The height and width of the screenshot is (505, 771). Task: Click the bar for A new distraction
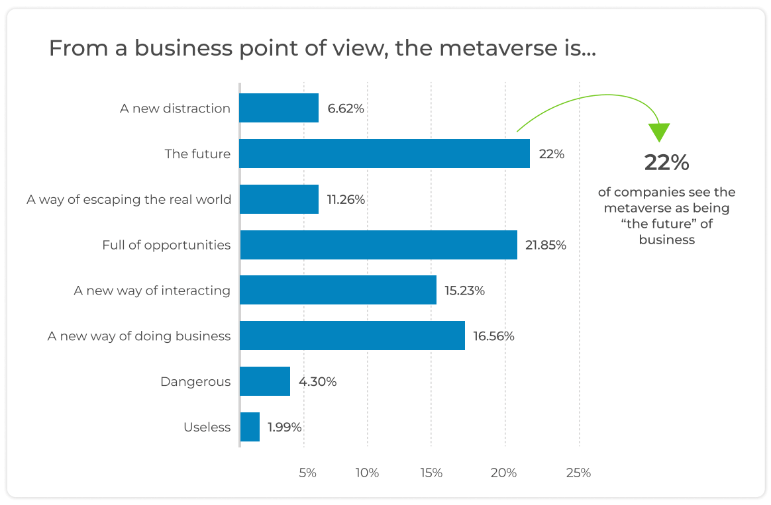279,108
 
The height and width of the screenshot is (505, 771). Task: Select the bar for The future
384,154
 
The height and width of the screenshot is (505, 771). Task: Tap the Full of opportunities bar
378,245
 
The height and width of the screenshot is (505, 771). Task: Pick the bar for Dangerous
265,381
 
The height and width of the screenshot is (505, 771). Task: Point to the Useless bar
250,427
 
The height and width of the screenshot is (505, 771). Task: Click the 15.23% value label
464,291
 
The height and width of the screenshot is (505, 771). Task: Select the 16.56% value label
493,336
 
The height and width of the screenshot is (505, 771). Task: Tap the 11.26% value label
346,199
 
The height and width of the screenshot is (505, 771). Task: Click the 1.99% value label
285,427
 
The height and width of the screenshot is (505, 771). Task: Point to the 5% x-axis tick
308,473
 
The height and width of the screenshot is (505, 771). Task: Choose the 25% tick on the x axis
578,473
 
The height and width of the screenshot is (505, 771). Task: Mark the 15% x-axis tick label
431,473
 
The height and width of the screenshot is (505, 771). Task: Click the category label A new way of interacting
152,291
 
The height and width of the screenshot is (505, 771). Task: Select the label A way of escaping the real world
129,199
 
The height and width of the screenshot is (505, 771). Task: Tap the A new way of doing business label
139,336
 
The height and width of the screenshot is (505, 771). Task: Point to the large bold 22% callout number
667,163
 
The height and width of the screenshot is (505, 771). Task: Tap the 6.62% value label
345,109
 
